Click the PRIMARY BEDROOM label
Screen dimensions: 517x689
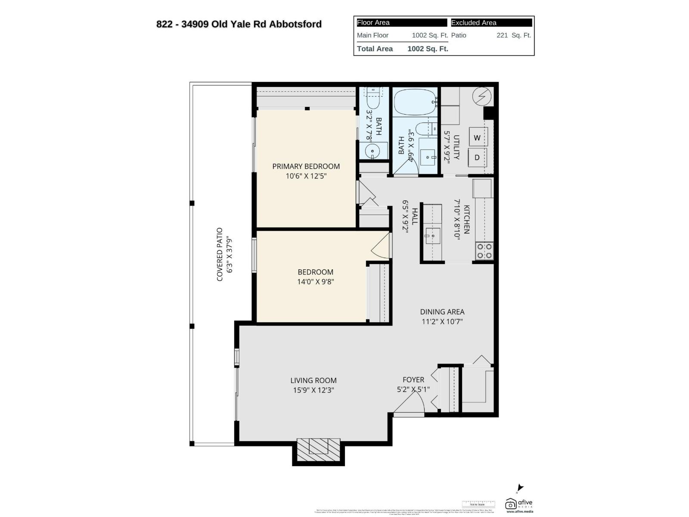click(306, 166)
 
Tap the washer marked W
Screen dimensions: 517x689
click(477, 138)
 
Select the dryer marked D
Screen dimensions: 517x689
click(477, 158)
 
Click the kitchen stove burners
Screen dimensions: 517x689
click(484, 251)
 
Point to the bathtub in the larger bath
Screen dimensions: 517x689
click(415, 102)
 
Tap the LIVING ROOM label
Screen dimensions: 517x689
click(313, 380)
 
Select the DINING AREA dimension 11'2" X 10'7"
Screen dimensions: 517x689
click(442, 321)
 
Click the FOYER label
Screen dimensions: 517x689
click(413, 380)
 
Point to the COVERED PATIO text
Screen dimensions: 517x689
click(220, 254)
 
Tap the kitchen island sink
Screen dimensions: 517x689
click(433, 236)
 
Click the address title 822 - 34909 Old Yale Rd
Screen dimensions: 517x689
click(239, 24)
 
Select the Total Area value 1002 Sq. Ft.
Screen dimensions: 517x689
click(428, 49)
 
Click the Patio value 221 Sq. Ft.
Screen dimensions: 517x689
click(513, 35)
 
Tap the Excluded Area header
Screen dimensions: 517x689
click(474, 23)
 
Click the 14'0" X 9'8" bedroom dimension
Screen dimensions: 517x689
click(315, 282)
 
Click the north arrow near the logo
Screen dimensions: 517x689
click(520, 488)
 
